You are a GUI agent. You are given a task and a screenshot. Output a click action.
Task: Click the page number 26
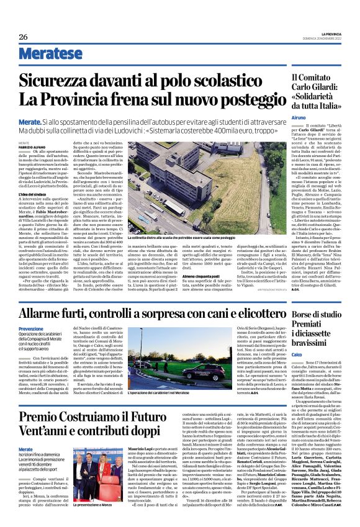coord(24,37)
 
